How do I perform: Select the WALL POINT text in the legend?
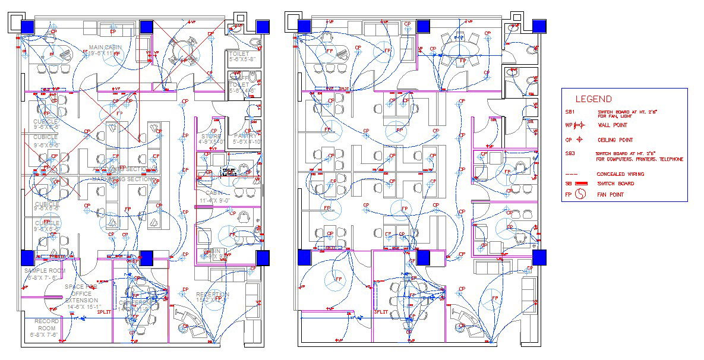pos(613,125)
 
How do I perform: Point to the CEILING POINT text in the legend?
pos(616,140)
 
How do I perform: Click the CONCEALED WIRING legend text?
pos(620,174)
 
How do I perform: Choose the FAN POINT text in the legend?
pos(611,194)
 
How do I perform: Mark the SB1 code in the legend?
pos(569,111)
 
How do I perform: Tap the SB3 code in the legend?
pos(569,153)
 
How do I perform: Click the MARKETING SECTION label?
pos(123,179)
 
